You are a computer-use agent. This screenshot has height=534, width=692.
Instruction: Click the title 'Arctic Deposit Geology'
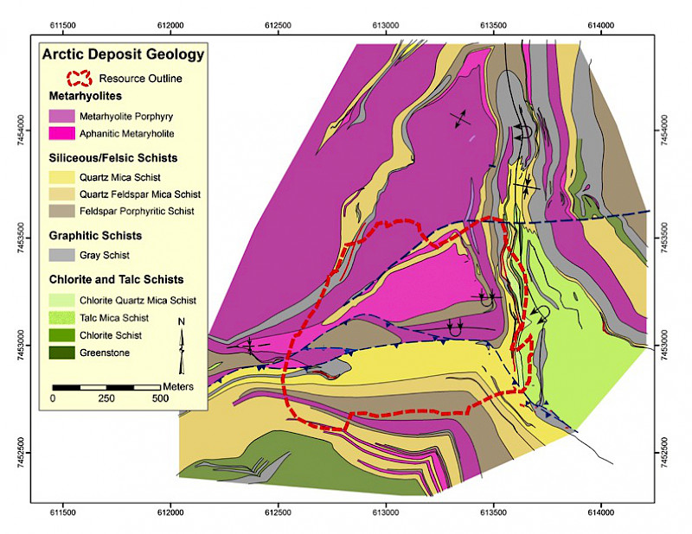[124, 54]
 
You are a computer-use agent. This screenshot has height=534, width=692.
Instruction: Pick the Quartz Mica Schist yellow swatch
[60, 177]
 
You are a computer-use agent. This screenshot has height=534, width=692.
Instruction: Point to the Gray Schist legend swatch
[60, 256]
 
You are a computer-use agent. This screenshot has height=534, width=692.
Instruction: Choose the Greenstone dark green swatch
[60, 353]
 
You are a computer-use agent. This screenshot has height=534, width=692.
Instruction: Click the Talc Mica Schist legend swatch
[60, 318]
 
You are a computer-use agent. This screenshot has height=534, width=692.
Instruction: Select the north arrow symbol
[182, 335]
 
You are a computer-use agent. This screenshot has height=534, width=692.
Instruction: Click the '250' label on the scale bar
[107, 398]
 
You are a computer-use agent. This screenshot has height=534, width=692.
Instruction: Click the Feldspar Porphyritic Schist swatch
[60, 212]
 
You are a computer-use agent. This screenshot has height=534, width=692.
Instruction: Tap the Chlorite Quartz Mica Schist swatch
[60, 301]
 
